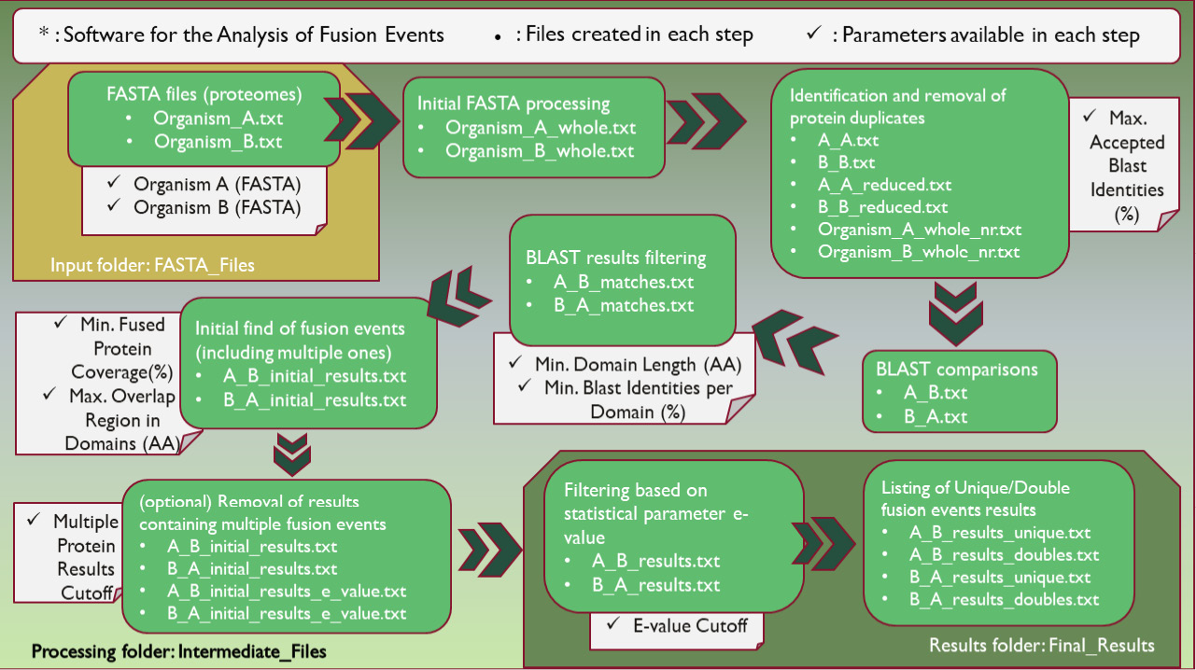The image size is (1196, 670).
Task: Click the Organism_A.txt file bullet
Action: (218, 119)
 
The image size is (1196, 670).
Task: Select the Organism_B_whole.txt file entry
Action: (540, 151)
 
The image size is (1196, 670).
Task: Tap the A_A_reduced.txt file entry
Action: (885, 185)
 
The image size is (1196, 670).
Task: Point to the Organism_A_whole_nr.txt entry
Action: (920, 229)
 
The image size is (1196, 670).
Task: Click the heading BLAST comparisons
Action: (957, 370)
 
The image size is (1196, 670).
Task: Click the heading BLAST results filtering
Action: (616, 258)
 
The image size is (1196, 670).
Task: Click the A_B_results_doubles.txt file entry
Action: (1004, 555)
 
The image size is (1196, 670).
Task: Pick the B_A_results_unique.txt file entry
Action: (1000, 578)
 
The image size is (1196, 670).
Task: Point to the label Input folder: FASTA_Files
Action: (152, 265)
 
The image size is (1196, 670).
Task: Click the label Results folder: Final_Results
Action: (1042, 645)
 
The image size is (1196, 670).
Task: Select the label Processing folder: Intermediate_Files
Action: (179, 650)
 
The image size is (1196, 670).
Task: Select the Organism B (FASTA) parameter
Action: (218, 207)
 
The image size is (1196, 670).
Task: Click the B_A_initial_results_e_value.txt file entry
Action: (286, 613)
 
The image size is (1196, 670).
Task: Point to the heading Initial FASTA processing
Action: (514, 104)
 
